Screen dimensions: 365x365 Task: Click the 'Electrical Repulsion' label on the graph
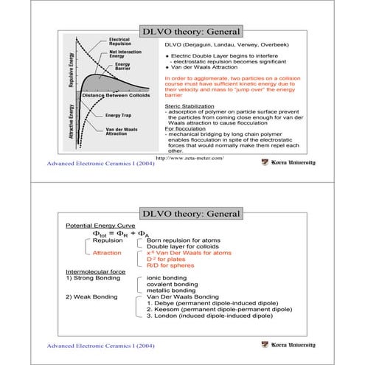coord(119,41)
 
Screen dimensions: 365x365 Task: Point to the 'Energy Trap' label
coord(119,116)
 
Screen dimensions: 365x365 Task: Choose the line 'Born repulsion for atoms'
coord(181,240)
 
